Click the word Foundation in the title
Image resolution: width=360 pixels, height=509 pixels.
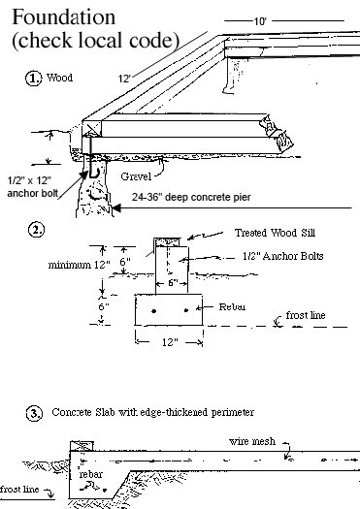click(64, 17)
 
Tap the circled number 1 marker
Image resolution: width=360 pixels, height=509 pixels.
click(33, 79)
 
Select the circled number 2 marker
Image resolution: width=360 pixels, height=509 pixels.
click(37, 230)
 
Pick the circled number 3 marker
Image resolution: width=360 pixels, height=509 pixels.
click(34, 414)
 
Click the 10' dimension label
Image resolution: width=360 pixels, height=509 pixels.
click(260, 21)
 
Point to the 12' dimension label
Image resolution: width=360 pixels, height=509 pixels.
click(124, 79)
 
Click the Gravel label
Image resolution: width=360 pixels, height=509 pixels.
click(136, 176)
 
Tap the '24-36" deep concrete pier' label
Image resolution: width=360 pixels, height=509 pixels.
click(191, 197)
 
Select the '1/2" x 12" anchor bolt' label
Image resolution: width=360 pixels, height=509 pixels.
click(32, 187)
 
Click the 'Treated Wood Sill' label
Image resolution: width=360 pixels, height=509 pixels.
click(275, 233)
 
